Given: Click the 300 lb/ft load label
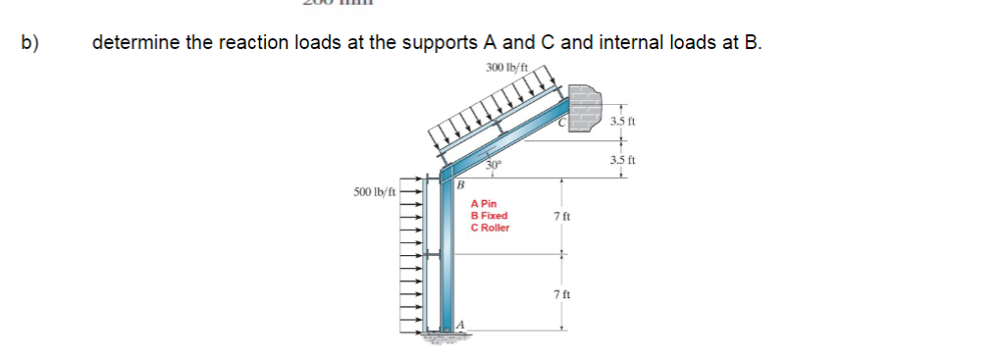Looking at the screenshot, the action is click(x=507, y=67).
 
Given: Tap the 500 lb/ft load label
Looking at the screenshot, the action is click(x=376, y=190).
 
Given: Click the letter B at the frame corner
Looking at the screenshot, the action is click(x=458, y=183).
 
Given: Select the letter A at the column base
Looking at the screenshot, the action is click(x=458, y=325).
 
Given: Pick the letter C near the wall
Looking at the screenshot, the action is click(x=562, y=124).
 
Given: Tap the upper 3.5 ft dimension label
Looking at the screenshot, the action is click(x=623, y=121).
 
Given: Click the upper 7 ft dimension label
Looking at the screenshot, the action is click(x=560, y=215).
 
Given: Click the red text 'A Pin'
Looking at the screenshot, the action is click(x=484, y=204).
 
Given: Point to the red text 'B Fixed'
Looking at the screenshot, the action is click(x=489, y=216).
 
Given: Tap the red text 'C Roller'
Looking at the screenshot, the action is click(x=491, y=228).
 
